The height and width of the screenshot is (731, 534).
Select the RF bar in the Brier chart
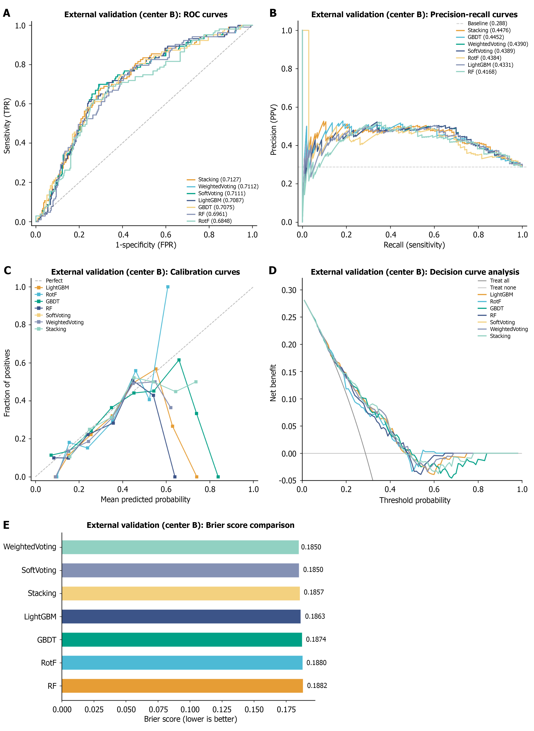(182, 686)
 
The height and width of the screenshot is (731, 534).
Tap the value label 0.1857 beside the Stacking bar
(313, 592)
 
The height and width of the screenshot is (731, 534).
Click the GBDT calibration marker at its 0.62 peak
(179, 360)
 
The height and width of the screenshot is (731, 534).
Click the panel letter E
(6, 525)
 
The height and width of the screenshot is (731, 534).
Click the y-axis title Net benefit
(273, 383)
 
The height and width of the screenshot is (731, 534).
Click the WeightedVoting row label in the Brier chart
(30, 547)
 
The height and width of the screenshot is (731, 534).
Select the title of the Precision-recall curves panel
(414, 15)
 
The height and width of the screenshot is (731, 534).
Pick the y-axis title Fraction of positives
(7, 383)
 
